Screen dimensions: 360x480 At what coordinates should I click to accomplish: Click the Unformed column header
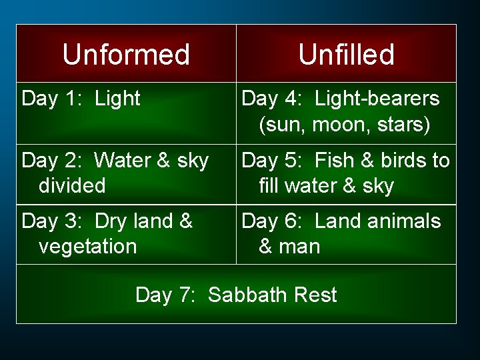(x=126, y=54)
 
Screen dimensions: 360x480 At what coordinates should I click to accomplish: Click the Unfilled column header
(x=346, y=54)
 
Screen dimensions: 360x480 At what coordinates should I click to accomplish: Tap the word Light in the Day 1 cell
(x=117, y=99)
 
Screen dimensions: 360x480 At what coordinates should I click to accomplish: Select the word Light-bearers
(x=377, y=99)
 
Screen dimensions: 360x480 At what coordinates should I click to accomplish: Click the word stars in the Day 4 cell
(x=404, y=125)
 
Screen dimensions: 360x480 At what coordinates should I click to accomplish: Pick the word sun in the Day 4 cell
(x=283, y=125)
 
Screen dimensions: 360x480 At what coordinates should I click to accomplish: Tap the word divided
(x=72, y=185)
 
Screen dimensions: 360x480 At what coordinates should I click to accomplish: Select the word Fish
(x=335, y=161)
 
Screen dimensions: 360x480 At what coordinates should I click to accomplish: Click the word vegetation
(x=87, y=247)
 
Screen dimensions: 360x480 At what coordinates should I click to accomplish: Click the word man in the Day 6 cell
(x=299, y=247)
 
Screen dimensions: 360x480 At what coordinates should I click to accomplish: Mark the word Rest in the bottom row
(x=317, y=295)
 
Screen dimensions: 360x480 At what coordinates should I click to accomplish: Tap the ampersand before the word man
(x=265, y=247)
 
